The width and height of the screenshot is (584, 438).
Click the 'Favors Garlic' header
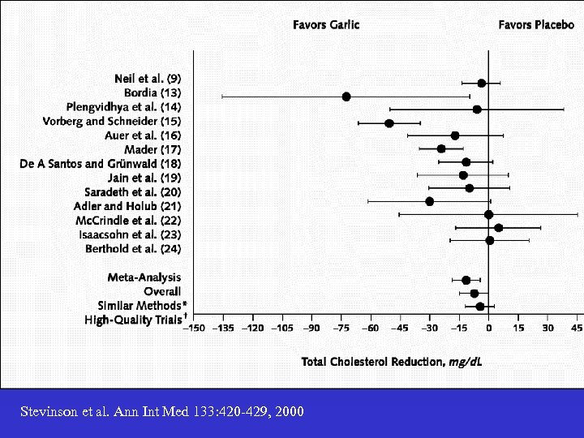click(326, 25)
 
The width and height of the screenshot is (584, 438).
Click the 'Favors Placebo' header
click(536, 25)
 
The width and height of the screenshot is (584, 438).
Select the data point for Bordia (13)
click(346, 97)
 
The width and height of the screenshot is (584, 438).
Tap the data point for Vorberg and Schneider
click(389, 123)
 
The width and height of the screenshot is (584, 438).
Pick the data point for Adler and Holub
click(429, 201)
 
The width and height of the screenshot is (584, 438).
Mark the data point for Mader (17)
click(441, 148)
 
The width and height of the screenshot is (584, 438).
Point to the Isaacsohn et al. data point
click(498, 228)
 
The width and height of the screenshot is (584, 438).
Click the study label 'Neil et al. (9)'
click(148, 79)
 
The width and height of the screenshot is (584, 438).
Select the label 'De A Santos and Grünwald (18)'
click(101, 164)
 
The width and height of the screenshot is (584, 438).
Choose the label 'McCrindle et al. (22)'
click(128, 221)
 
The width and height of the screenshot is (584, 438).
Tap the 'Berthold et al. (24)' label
click(133, 249)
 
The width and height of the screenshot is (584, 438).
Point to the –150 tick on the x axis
click(194, 328)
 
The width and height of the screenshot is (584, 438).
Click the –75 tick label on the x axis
click(341, 328)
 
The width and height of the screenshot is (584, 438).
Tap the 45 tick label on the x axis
click(576, 328)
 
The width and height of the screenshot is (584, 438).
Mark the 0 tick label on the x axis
click(488, 328)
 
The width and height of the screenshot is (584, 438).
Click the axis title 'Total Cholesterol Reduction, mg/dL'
click(392, 361)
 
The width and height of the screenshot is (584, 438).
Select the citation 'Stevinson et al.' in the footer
click(162, 412)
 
